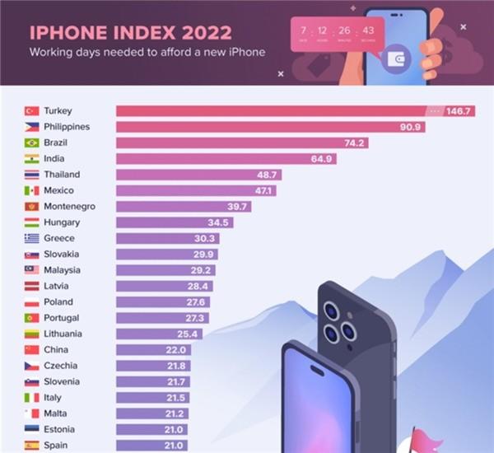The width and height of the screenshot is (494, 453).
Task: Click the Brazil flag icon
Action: [x=31, y=142]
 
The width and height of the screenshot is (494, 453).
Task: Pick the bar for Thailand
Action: [x=198, y=175]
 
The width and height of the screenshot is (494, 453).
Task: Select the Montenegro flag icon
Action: [x=31, y=206]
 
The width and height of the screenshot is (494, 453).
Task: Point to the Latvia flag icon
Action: [x=31, y=286]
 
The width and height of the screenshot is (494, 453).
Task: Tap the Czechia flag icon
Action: [x=31, y=366]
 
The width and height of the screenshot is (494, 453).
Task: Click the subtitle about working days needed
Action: [x=147, y=54]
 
